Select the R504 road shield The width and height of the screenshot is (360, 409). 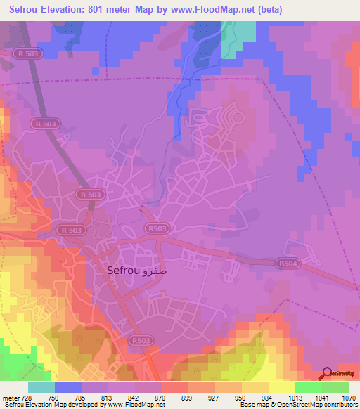[284, 264]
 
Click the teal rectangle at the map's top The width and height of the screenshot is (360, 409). [238, 39]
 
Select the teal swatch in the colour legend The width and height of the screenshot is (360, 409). [41, 387]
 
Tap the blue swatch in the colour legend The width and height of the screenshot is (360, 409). [68, 387]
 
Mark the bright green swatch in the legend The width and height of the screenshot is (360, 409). [309, 387]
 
